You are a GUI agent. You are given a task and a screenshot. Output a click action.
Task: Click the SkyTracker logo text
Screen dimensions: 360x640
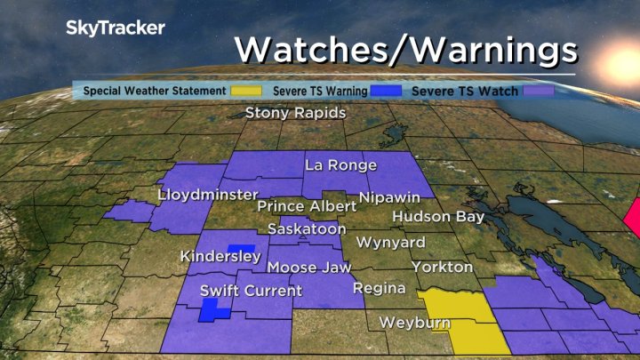coord(116,28)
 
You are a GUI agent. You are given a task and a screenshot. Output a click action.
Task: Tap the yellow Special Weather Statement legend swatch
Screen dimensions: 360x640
coord(246,91)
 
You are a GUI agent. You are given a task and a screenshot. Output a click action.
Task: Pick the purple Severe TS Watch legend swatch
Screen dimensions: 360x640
coord(539,91)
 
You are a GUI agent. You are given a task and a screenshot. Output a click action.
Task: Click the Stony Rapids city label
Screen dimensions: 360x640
coord(295,113)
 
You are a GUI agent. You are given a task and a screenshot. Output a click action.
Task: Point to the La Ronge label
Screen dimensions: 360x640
coord(340,165)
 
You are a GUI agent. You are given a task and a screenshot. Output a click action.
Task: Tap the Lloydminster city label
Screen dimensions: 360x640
coord(207,195)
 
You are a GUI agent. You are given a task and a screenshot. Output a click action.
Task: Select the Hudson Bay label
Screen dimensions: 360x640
coord(438,217)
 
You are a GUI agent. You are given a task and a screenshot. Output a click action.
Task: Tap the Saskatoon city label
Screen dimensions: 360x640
coord(306,229)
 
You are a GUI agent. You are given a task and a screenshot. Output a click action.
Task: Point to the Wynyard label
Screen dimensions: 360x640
coord(390,242)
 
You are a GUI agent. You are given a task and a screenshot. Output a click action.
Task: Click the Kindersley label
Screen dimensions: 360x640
coord(220,257)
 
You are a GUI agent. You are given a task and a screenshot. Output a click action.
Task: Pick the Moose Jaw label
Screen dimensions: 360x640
coord(308,268)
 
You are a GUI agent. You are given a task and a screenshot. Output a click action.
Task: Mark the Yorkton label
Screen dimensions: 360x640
coord(442,267)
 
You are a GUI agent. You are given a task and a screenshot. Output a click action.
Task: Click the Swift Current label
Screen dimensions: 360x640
coord(251,291)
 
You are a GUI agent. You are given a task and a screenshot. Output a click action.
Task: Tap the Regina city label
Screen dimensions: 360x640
coord(379,288)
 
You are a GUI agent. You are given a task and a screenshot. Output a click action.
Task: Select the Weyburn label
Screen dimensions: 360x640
coord(414,322)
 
